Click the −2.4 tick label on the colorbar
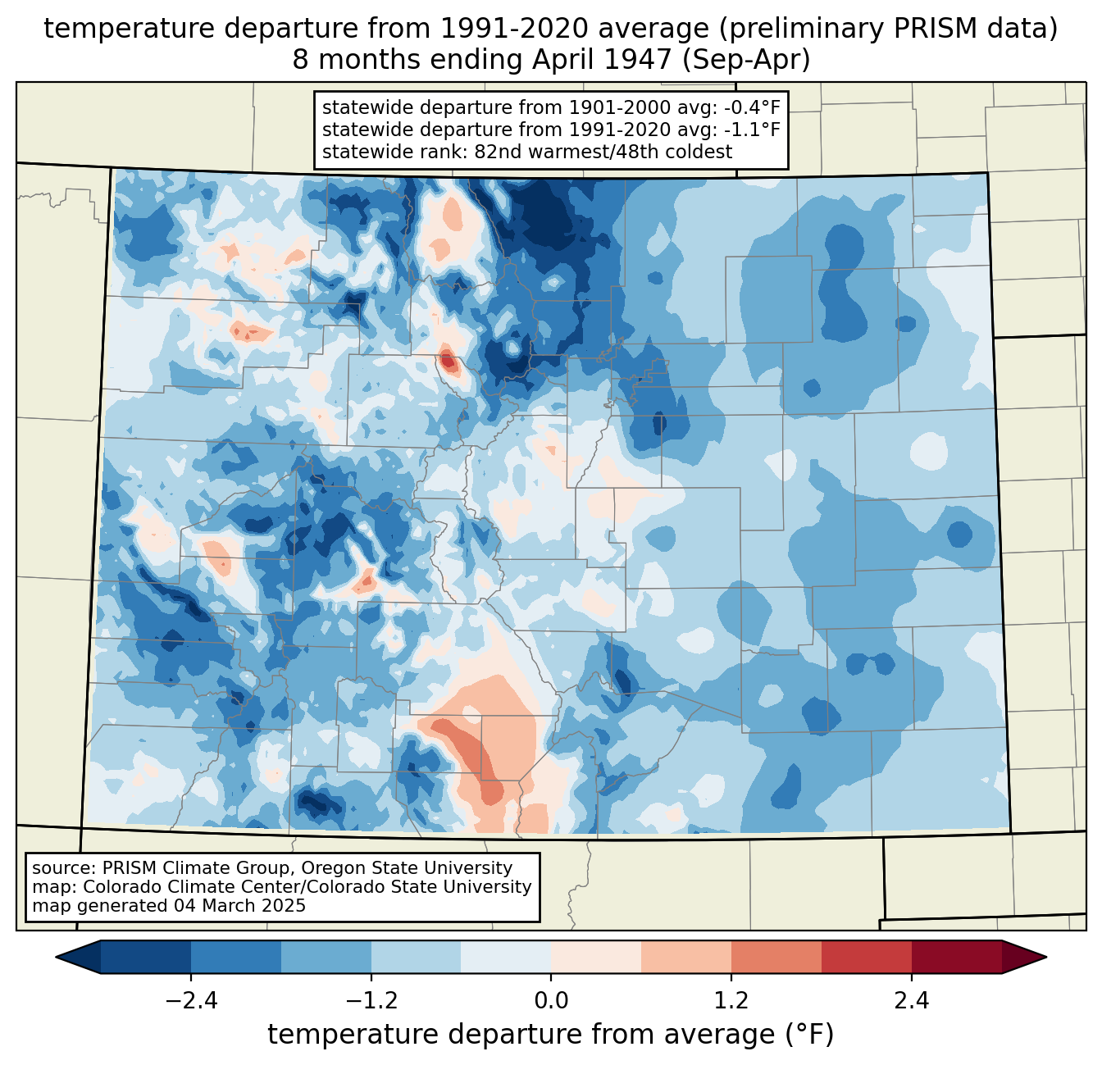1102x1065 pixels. pos(191,1001)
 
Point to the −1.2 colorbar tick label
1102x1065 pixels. pos(371,1001)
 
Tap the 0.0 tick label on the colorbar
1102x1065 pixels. pos(551,1001)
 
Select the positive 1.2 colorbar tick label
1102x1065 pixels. pos(731,1001)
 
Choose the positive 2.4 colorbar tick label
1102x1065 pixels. pos(912,1001)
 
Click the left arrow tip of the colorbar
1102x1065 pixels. pos(56,958)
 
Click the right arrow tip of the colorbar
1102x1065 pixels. pos(1046,958)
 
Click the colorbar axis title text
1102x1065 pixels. pos(550,1034)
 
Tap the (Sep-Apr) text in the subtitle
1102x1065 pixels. pos(746,60)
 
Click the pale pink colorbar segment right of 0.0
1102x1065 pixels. pos(596,958)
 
